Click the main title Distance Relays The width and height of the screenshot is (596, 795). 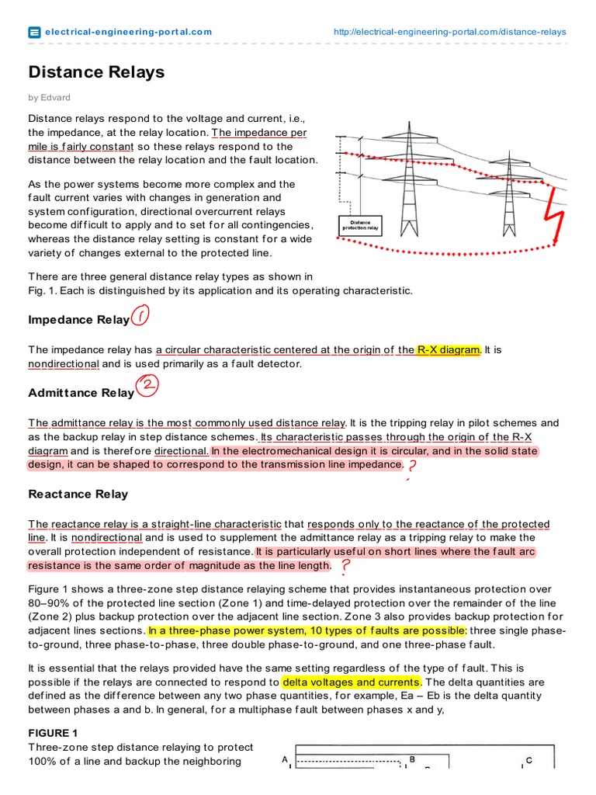[96, 72]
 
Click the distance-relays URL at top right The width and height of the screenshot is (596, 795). [449, 32]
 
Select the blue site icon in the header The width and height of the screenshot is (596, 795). [34, 32]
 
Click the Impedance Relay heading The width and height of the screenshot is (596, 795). [78, 320]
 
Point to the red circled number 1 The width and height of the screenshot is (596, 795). [140, 316]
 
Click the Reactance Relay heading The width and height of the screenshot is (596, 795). [78, 494]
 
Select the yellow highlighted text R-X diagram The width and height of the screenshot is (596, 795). [449, 350]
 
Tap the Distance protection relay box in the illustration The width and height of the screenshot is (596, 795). [360, 225]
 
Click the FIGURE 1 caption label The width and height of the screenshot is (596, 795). [53, 733]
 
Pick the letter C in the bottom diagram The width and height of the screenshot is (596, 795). [528, 761]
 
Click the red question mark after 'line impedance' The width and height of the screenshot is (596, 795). [411, 466]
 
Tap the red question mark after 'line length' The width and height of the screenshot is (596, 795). [345, 568]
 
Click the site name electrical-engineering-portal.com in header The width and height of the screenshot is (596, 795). [128, 32]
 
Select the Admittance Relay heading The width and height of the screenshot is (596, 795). [81, 393]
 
